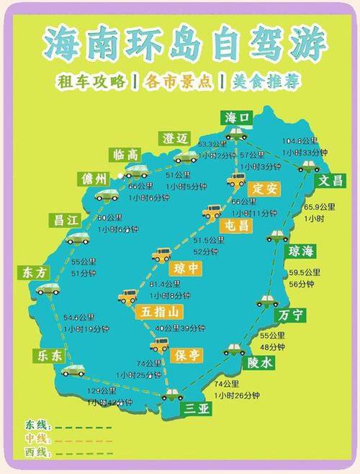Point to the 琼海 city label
point(302,251)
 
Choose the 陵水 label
point(258,363)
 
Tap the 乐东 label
point(47,357)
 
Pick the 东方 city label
point(33,273)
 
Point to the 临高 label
point(126,155)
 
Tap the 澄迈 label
point(175,138)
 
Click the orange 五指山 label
point(157,312)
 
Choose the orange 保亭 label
point(189,354)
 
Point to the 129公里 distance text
point(102,391)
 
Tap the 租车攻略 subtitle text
point(92,81)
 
